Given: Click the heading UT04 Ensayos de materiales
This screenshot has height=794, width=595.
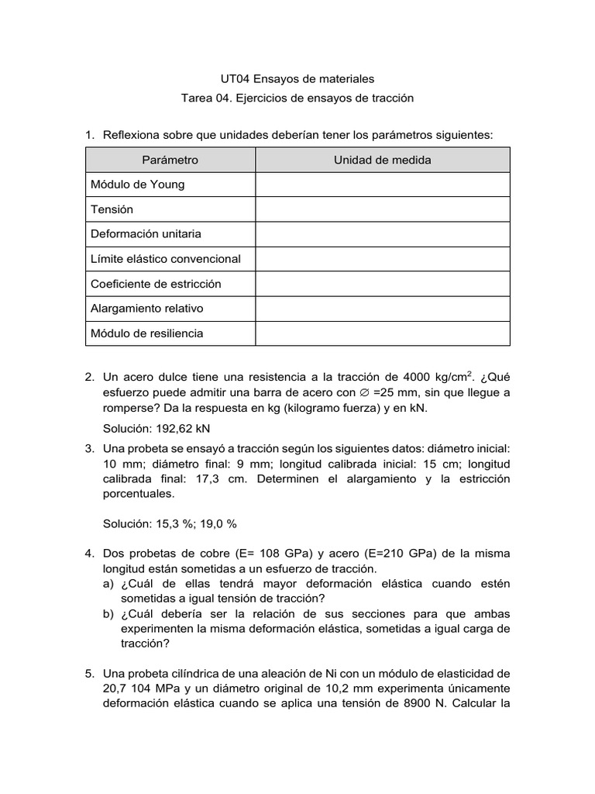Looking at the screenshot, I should coord(297,78).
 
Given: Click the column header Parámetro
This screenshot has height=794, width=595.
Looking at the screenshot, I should coord(170,160).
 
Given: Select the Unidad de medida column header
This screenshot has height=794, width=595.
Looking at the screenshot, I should coord(382,160).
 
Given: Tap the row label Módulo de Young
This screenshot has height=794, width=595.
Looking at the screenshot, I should coord(137,185).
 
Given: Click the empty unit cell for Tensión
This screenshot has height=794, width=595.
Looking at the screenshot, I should coord(382,209).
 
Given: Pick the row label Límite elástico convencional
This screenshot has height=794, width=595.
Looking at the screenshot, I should coord(165,259).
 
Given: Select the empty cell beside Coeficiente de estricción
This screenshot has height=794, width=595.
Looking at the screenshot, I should coord(382,284).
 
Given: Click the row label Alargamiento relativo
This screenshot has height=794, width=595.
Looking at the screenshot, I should coord(146,309).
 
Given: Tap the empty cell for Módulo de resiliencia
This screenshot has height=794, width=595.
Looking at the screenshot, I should coord(382,333).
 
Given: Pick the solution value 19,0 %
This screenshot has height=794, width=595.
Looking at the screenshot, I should coord(220,523).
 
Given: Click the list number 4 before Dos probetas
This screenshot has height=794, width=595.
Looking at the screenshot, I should coord(90,554).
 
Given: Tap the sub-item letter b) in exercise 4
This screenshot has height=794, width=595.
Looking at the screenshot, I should coord(108,613).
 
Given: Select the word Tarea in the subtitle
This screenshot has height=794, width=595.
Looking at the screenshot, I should coord(195,98).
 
